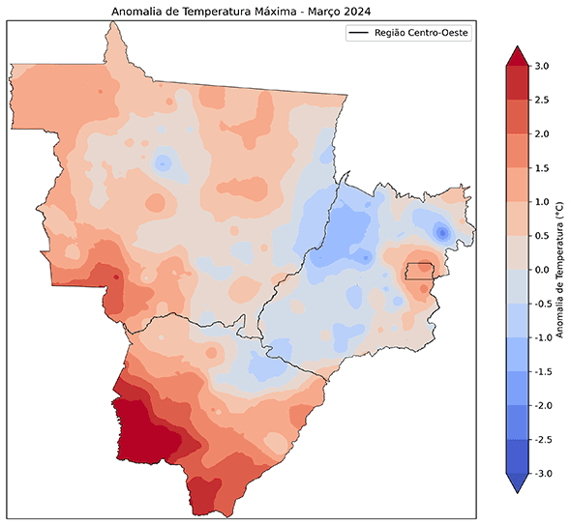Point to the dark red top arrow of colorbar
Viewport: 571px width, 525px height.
pyautogui.click(x=515, y=55)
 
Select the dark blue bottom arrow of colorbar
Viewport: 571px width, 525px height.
pyautogui.click(x=515, y=482)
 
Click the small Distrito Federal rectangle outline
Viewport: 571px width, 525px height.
pyautogui.click(x=419, y=271)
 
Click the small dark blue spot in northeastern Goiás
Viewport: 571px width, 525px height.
pyautogui.click(x=441, y=232)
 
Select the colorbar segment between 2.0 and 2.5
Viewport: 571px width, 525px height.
pyautogui.click(x=515, y=116)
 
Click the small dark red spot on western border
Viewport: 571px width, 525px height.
pyautogui.click(x=116, y=277)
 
